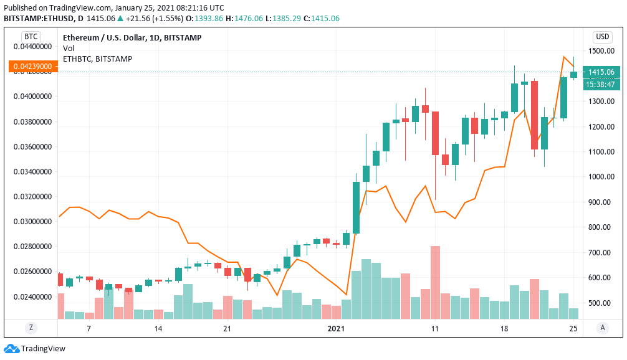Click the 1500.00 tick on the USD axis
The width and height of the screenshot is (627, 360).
[x=601, y=51]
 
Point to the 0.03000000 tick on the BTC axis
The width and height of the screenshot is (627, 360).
[x=31, y=222]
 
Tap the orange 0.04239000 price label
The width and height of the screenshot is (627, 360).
[x=31, y=66]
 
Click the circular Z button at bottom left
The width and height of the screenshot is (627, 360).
[x=31, y=328]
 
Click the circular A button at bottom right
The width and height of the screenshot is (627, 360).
[x=602, y=328]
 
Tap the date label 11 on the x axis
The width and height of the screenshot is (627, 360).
[x=434, y=329]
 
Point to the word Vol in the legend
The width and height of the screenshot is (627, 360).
[x=69, y=48]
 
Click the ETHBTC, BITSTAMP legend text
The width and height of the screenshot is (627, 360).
[x=97, y=59]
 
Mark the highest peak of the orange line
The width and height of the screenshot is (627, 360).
[x=564, y=57]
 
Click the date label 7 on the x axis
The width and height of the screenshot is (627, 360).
[x=89, y=329]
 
